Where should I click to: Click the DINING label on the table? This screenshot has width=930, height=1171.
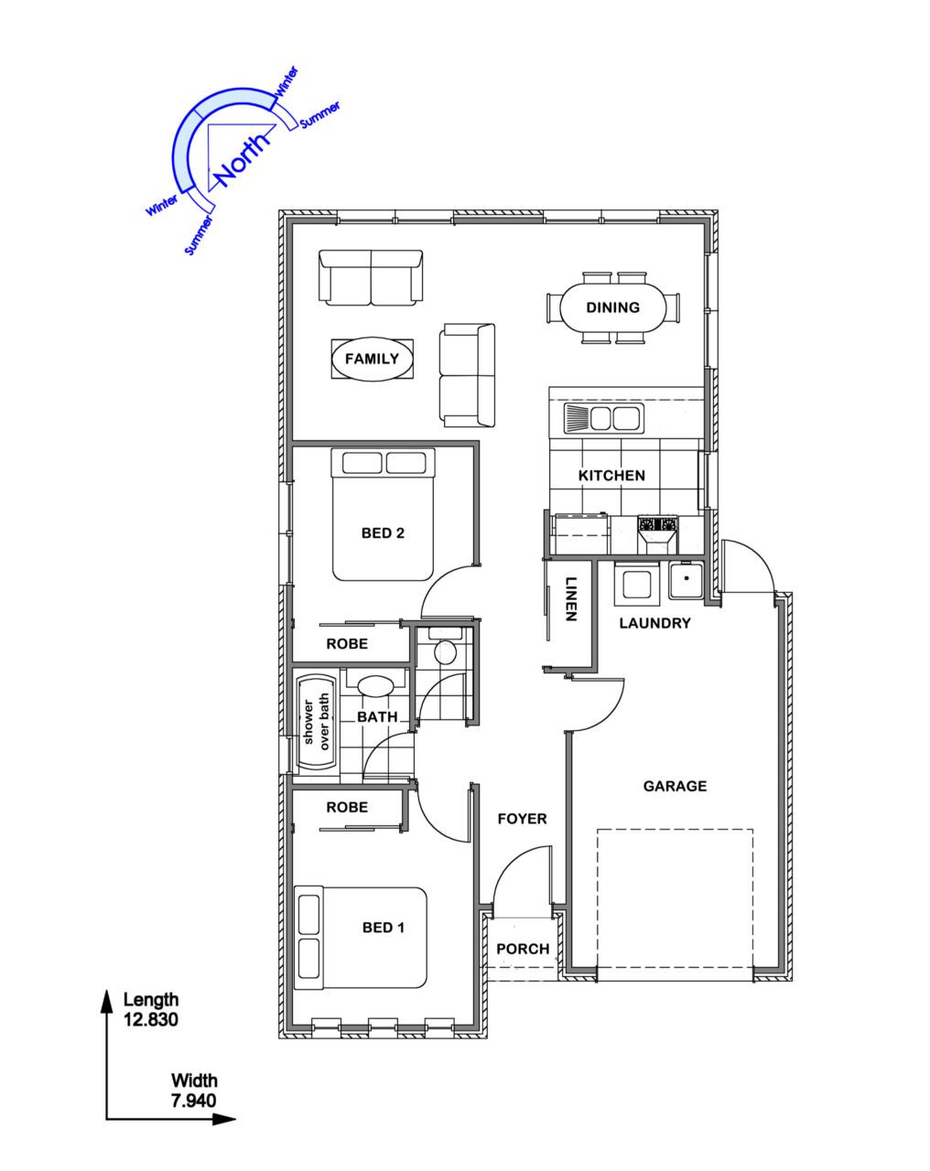point(612,307)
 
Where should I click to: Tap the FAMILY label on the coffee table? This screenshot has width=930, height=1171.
point(373,359)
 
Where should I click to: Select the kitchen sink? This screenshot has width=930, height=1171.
point(604,418)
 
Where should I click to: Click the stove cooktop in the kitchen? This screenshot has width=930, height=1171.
point(658,524)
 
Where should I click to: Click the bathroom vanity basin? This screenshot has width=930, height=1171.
point(376,685)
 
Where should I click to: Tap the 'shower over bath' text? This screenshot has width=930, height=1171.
point(317,722)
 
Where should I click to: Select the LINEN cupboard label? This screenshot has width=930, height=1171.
point(570,598)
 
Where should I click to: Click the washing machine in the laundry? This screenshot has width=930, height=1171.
point(636,585)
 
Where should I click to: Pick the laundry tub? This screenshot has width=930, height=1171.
point(687,581)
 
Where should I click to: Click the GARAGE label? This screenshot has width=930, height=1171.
point(676,786)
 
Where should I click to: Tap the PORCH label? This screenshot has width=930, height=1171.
point(523,949)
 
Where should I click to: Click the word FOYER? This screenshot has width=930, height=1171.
point(522,819)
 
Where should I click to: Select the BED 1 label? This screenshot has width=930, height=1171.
point(384,928)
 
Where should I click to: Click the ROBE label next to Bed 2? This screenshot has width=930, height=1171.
point(347,644)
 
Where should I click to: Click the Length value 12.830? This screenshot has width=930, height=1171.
point(151,1019)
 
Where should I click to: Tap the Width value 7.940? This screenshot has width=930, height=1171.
point(194,1101)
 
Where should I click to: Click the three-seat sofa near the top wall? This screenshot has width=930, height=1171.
point(371,277)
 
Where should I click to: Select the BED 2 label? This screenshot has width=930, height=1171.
point(383,532)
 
